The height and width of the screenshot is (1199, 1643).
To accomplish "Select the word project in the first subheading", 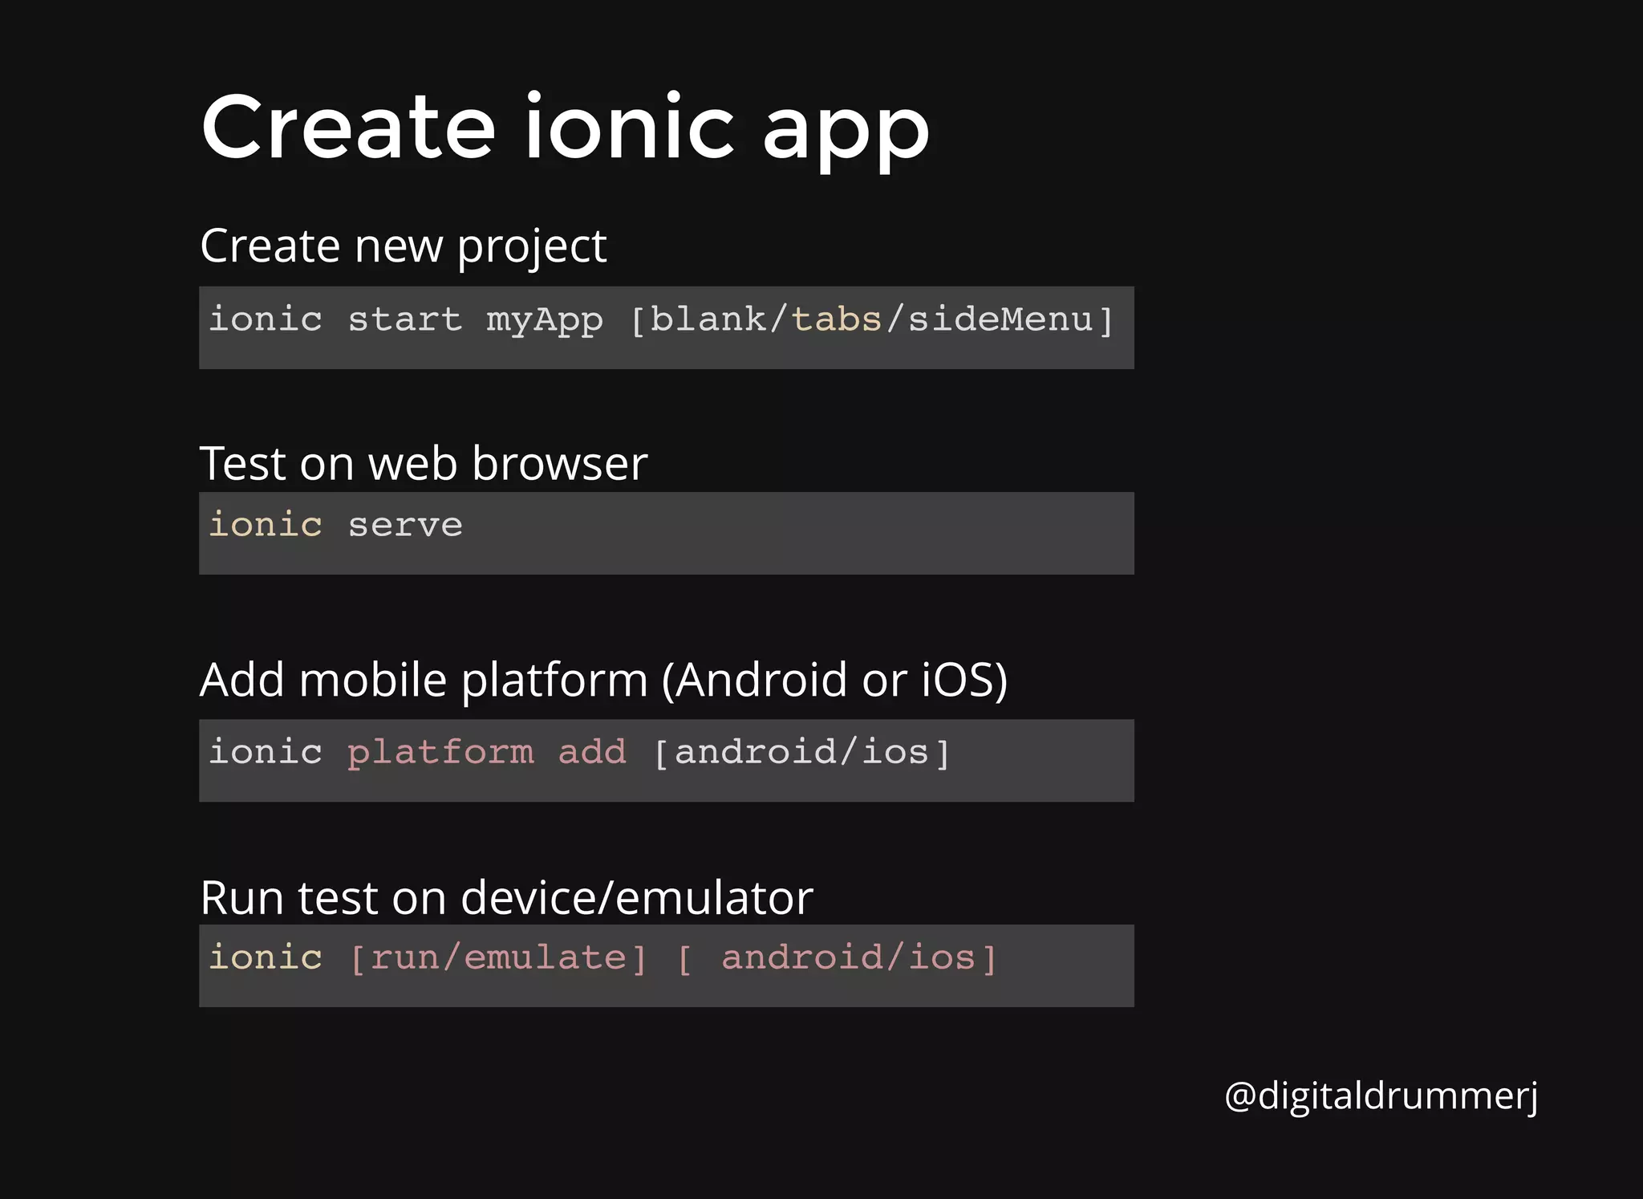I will coord(531,247).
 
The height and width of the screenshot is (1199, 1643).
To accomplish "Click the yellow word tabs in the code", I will coord(836,319).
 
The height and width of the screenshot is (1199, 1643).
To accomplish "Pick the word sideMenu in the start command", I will coord(1000,319).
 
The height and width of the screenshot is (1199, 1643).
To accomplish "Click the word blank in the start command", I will coord(708,319).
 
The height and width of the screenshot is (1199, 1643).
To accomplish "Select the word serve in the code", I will coord(405,526).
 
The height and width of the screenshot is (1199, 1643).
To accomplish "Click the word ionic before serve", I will coord(266,525).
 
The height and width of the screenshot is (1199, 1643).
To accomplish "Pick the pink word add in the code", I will coord(592,753).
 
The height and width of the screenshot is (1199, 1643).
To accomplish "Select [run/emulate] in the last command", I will coord(498,958).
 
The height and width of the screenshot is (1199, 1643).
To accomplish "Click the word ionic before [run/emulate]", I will coord(266,957).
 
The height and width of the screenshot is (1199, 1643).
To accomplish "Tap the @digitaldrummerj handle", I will coord(1381,1096).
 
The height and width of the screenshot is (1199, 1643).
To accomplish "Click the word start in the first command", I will coord(405,320).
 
